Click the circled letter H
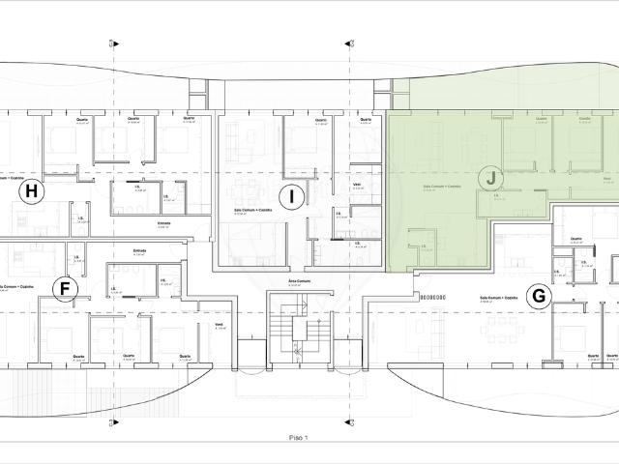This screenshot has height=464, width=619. click(x=33, y=191)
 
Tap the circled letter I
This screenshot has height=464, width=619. click(x=291, y=197)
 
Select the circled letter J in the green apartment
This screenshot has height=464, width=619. click(x=491, y=178)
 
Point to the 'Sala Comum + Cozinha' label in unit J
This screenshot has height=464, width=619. click(x=441, y=186)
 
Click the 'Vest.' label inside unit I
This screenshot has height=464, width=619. click(x=357, y=183)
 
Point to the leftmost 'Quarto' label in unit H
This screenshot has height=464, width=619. click(x=82, y=120)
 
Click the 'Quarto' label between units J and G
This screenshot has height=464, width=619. click(x=575, y=240)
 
